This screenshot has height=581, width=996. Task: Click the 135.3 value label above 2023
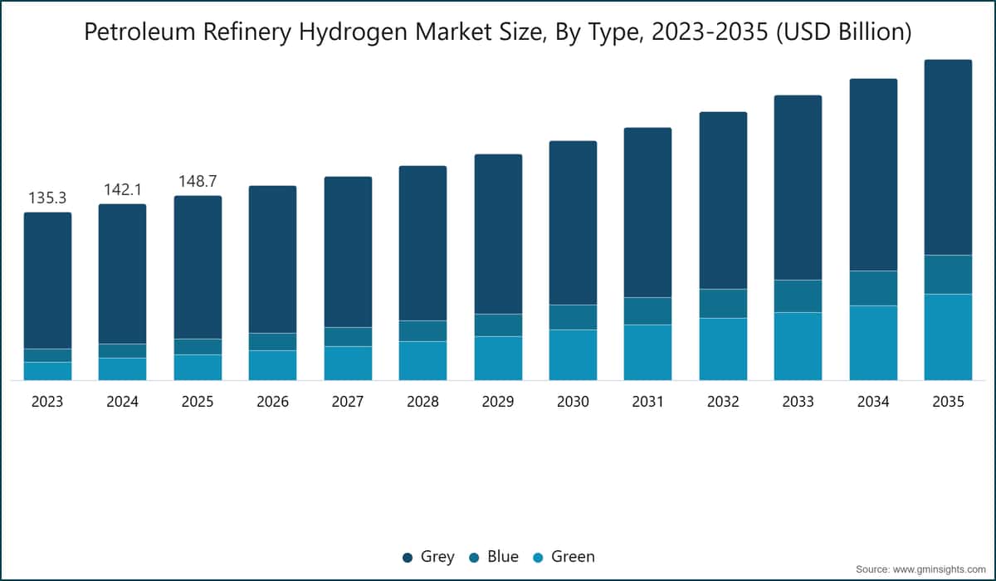[x=47, y=198]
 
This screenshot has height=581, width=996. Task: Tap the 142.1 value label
[x=123, y=190]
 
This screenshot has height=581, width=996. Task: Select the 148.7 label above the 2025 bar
[x=198, y=181]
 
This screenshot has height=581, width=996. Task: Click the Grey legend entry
[x=428, y=557]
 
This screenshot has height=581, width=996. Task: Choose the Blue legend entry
[x=494, y=557]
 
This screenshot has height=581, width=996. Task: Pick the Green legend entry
[x=564, y=557]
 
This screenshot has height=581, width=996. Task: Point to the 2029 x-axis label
[x=498, y=402]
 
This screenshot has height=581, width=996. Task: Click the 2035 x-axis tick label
[x=948, y=402]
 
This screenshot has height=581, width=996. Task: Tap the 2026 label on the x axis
[x=272, y=402]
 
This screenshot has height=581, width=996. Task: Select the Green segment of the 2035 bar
[x=948, y=337]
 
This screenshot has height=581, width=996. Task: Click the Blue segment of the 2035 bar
[x=948, y=274]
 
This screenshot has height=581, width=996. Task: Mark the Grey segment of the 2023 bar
[x=47, y=281]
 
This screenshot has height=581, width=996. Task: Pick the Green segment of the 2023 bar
[x=47, y=371]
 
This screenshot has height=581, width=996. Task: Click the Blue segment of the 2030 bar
[x=574, y=317]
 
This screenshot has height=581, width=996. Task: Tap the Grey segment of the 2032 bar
[x=723, y=201]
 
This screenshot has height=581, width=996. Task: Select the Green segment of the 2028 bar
[x=422, y=360]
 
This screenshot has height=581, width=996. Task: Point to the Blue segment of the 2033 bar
[x=798, y=296]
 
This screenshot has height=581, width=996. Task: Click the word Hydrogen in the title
[x=353, y=32]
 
